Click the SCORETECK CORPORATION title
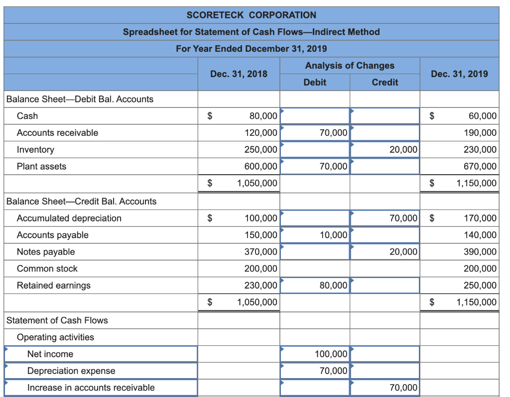coord(251,15)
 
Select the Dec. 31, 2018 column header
coord(239,74)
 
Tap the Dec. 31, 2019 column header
coord(459,74)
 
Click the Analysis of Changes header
coord(349,66)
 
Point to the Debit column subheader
coord(315,82)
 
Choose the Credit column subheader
coord(384,82)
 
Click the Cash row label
coord(27,116)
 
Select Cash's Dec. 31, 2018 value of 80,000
coord(263,116)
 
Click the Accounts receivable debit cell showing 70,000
coord(333,133)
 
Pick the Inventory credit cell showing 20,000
coord(403,150)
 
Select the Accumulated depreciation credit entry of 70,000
coord(403,218)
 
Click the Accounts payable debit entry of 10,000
coord(333,235)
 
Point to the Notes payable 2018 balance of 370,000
coord(260,252)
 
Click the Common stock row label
coord(47,269)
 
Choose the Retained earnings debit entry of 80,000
coord(333,286)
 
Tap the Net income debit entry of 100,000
coord(331,354)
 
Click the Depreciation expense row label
coord(71,371)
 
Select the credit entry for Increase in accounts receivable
coord(403,388)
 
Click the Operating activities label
coord(55,337)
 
